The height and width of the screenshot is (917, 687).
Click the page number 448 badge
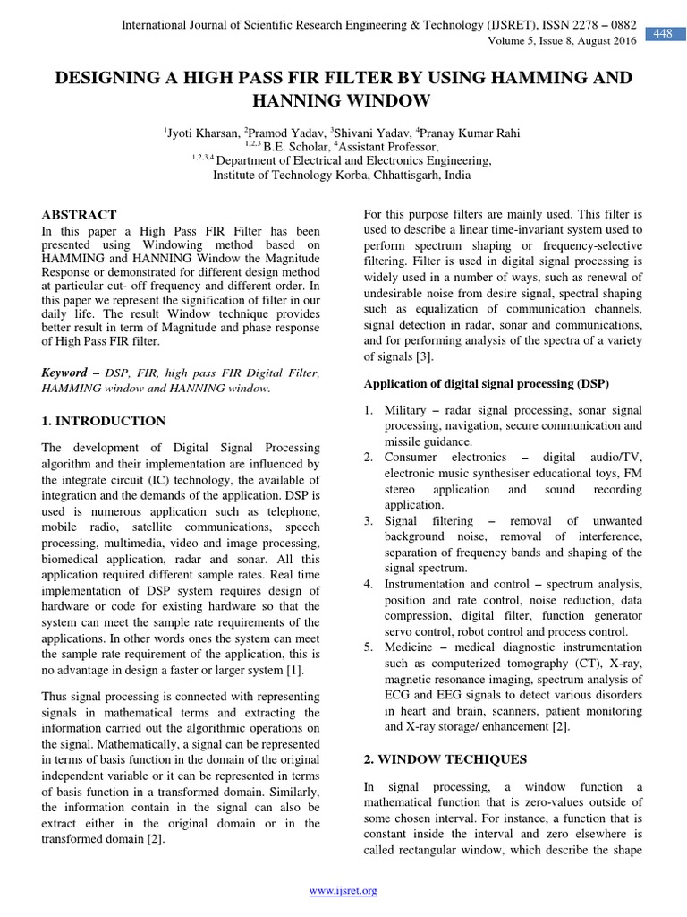[x=662, y=34]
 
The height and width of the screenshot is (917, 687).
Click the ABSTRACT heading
[x=80, y=215]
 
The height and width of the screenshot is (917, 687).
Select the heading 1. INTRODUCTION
[x=104, y=421]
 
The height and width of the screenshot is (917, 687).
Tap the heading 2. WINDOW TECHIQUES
[x=445, y=759]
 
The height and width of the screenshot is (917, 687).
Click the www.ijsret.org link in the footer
[x=343, y=890]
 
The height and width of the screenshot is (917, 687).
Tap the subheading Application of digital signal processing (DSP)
[x=486, y=383]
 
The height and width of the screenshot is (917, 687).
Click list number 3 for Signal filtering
[x=368, y=520]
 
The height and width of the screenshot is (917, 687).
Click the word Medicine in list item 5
[x=409, y=647]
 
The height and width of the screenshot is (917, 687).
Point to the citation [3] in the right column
[x=424, y=356]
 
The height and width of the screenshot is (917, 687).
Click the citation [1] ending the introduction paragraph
[x=293, y=670]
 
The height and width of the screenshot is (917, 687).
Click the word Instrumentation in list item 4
[x=426, y=584]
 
